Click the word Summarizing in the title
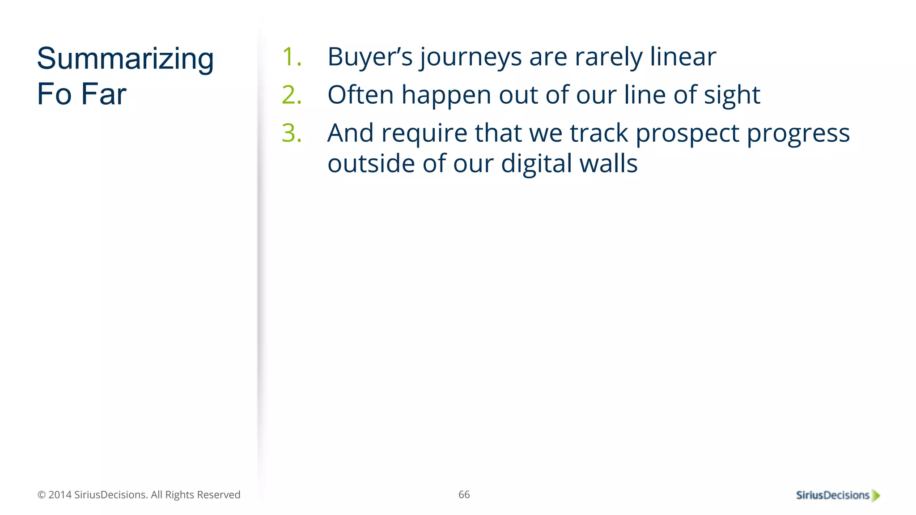[125, 59]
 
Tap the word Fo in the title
[54, 94]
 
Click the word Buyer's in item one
[369, 57]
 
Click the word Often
[360, 95]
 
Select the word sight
[732, 96]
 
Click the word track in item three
[599, 133]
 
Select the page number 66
[464, 494]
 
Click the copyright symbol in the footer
[42, 495]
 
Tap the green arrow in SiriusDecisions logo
[876, 495]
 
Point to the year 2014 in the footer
[60, 495]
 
